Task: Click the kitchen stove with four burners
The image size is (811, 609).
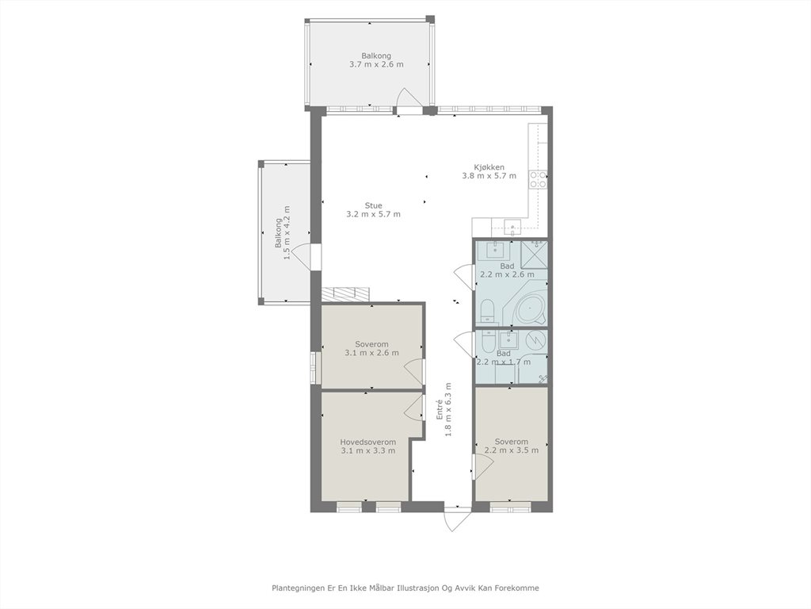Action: point(538,179)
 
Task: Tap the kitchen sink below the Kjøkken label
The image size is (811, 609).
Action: point(512,226)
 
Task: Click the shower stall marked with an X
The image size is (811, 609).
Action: point(535,255)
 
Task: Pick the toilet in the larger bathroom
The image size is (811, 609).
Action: point(488,312)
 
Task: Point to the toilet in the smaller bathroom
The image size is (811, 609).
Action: point(488,342)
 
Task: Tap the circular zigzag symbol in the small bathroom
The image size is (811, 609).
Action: point(536,340)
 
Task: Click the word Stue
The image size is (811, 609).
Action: point(374,205)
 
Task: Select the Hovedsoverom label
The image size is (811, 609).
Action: point(368,442)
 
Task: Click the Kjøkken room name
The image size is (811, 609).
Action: point(489,167)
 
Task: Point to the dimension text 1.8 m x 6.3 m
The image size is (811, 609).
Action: point(448,409)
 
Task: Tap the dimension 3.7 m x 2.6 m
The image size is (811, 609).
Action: point(376,65)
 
